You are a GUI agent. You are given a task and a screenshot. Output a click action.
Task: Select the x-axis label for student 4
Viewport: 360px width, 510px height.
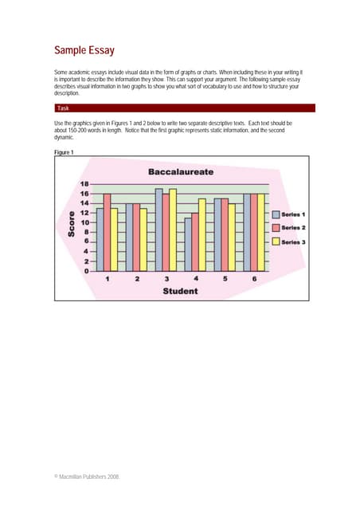[195, 280]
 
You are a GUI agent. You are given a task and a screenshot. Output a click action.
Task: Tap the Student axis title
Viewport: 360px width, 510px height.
[181, 292]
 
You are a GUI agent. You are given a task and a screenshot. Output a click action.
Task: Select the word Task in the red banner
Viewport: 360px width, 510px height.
[64, 108]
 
